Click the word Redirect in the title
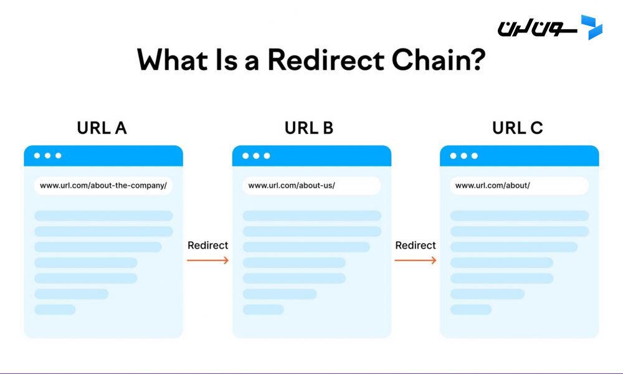click(326, 60)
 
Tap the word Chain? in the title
click(439, 60)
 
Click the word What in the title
click(173, 60)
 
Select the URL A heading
click(102, 128)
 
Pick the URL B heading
click(309, 128)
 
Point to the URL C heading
click(517, 128)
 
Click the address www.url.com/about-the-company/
click(103, 186)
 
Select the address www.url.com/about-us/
click(292, 186)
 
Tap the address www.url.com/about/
click(493, 186)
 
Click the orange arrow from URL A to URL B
click(208, 261)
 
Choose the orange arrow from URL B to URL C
click(415, 261)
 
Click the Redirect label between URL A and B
click(208, 245)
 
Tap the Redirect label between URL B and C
click(415, 245)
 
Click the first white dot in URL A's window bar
click(37, 155)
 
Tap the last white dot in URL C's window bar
click(474, 155)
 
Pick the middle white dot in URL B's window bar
click(256, 155)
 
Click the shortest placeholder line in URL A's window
click(55, 310)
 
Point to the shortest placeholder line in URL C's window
click(471, 310)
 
